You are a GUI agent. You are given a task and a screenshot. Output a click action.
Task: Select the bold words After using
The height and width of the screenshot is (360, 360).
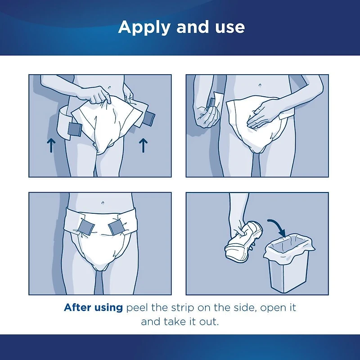pyautogui.click(x=93, y=308)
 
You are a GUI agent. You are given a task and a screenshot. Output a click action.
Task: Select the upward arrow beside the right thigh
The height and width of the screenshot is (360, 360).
pyautogui.click(x=144, y=145)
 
